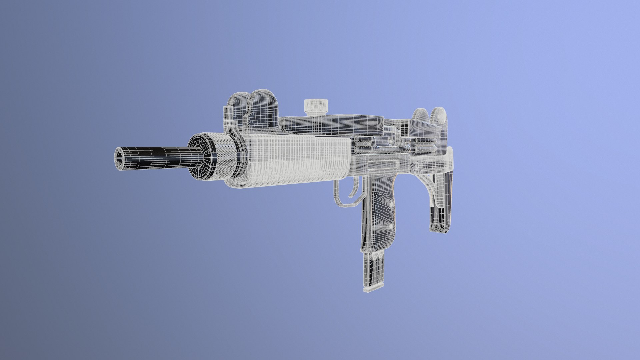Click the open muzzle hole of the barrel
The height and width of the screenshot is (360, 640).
pyautogui.click(x=119, y=158)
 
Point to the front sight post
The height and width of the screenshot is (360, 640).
pyautogui.click(x=228, y=115)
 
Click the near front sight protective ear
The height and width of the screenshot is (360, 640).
pyautogui.click(x=263, y=108)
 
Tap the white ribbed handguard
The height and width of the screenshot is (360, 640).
pyautogui.click(x=297, y=160)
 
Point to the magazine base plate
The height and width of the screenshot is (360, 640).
pyautogui.click(x=374, y=288)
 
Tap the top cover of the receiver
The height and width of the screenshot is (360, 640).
pyautogui.click(x=333, y=122)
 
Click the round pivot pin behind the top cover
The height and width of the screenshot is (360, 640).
pyautogui.click(x=390, y=141)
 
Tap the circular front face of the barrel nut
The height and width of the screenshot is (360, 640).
pyautogui.click(x=200, y=157)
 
